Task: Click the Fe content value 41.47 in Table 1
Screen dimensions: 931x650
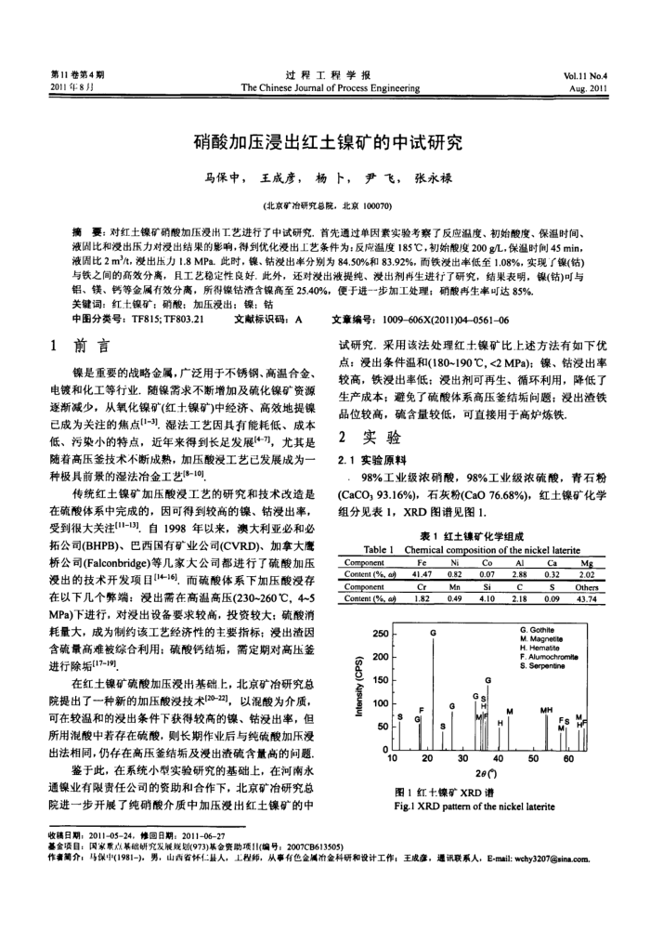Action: (422, 573)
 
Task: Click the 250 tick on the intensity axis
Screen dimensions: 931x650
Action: (378, 634)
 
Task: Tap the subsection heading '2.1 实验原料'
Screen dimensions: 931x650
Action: (370, 459)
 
